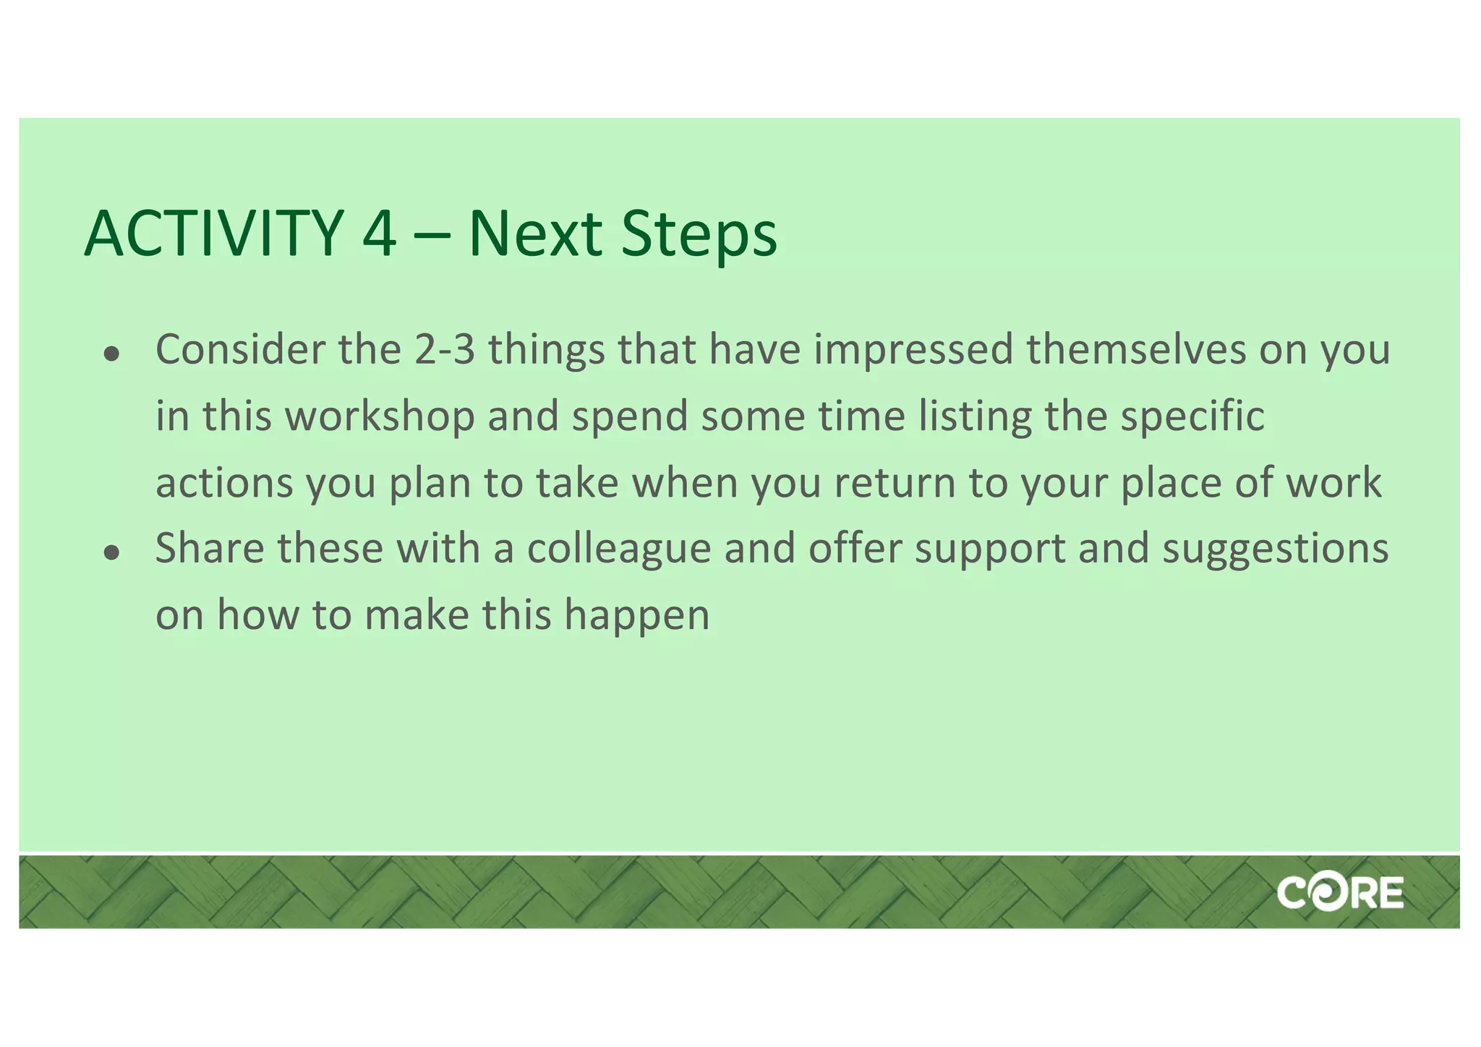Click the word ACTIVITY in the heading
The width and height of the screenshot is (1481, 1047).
(x=214, y=234)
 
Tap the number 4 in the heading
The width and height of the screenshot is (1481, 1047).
(x=380, y=234)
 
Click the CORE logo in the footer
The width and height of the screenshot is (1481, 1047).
(x=1340, y=893)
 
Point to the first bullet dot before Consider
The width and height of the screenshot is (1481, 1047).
(x=111, y=354)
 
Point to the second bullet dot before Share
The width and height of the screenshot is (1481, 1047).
(x=111, y=553)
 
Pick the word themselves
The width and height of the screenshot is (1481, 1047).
(x=1136, y=350)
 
